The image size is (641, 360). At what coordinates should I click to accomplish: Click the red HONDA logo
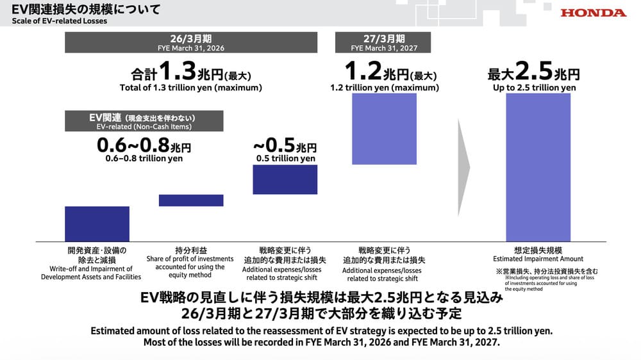pyautogui.click(x=593, y=12)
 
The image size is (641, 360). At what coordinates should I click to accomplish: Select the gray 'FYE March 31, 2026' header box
pyautogui.click(x=192, y=42)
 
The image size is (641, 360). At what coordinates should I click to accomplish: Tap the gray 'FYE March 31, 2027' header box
pyautogui.click(x=383, y=42)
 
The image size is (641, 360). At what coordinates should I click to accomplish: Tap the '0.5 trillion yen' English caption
pyautogui.click(x=285, y=158)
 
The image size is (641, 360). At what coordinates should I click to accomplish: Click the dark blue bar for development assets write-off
pyautogui.click(x=97, y=224)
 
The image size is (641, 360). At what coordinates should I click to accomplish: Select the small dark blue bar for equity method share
pyautogui.click(x=191, y=200)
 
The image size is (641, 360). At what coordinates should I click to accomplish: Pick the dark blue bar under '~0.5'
pyautogui.click(x=285, y=179)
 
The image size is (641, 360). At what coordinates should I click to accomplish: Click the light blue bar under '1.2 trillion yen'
pyautogui.click(x=384, y=129)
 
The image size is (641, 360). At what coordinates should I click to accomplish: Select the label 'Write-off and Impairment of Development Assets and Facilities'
pyautogui.click(x=91, y=273)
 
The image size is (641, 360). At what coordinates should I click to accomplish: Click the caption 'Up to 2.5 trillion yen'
pyautogui.click(x=534, y=88)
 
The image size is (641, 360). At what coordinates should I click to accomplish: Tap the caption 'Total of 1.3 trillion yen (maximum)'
pyautogui.click(x=192, y=88)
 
